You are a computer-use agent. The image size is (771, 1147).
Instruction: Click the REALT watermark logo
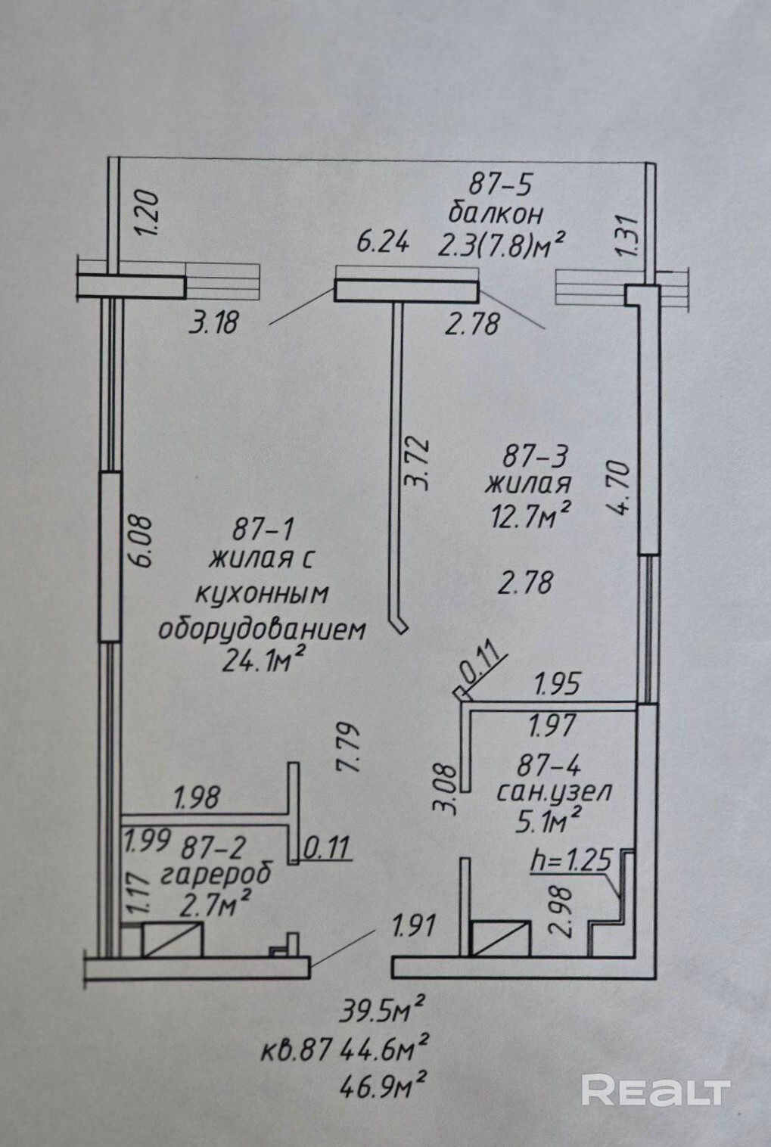(x=655, y=1090)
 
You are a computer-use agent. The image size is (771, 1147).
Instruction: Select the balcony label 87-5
(x=501, y=183)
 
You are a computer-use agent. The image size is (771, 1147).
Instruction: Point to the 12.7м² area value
(x=528, y=517)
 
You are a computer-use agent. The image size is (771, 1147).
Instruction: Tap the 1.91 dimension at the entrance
(x=413, y=925)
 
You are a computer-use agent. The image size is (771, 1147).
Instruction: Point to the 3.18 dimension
(x=214, y=322)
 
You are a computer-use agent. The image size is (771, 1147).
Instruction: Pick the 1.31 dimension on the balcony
(x=630, y=236)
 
